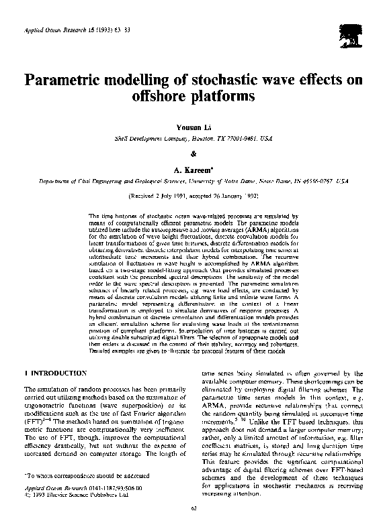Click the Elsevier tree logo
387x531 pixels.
pos(350,34)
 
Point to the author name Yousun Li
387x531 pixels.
pos(193,128)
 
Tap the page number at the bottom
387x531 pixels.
pos(193,512)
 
